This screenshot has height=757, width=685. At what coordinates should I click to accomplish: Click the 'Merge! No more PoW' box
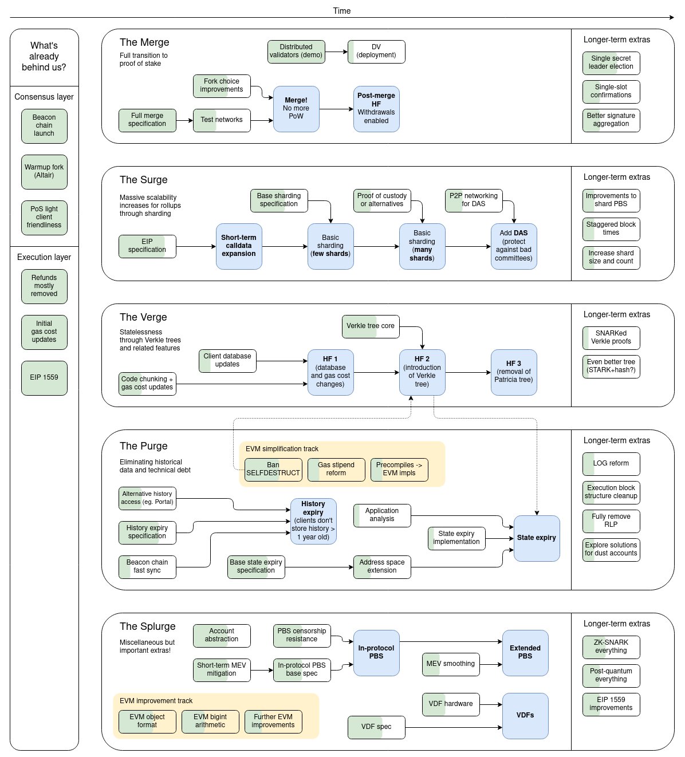[296, 109]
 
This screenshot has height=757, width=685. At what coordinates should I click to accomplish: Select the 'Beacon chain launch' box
[44, 125]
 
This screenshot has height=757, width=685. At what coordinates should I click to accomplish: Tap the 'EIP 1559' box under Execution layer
[44, 377]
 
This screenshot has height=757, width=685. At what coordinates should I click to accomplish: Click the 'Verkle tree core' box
[371, 326]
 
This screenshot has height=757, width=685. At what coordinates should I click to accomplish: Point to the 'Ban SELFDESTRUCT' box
[273, 469]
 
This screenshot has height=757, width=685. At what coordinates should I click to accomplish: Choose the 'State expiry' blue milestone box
[537, 538]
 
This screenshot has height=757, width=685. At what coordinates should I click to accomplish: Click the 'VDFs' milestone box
[525, 715]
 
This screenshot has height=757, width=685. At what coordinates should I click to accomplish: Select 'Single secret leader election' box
[611, 62]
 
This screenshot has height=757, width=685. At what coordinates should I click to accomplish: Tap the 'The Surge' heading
[144, 180]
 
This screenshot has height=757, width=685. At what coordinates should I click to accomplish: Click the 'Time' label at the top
[342, 11]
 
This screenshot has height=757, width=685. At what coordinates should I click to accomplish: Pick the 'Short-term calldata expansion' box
[239, 246]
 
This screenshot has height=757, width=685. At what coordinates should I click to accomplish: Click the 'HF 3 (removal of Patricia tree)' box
[514, 372]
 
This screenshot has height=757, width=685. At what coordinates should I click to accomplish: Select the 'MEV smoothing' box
[451, 664]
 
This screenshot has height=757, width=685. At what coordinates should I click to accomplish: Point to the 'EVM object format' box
[147, 721]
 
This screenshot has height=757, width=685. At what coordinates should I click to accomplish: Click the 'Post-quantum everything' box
[611, 675]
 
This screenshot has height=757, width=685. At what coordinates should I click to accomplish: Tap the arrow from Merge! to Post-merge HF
[336, 109]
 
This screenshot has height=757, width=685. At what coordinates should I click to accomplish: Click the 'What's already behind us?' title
[44, 56]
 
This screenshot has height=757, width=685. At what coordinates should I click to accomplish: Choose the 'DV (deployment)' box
[376, 51]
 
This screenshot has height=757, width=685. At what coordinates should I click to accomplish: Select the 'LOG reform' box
[611, 463]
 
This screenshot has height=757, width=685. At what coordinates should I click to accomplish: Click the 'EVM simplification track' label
[282, 449]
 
